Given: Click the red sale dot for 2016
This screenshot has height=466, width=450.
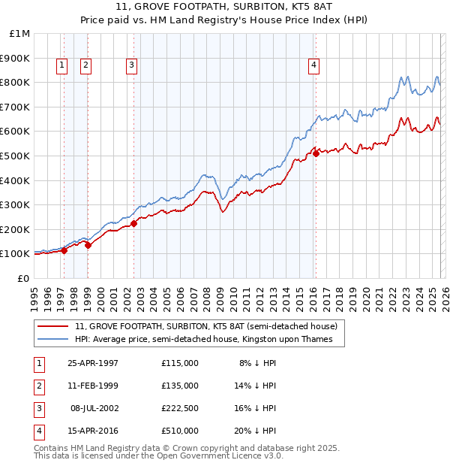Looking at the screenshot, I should tap(316, 153).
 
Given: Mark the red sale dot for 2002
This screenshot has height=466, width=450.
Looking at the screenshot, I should tap(133, 223).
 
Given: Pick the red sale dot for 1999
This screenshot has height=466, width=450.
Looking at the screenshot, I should tap(88, 245).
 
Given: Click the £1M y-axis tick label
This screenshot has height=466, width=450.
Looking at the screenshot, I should tap(20, 34).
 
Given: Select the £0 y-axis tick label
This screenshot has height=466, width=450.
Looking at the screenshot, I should tap(23, 278).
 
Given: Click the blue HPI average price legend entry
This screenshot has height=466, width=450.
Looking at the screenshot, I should tap(208, 340).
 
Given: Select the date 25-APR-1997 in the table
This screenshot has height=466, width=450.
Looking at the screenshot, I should tap(93, 362).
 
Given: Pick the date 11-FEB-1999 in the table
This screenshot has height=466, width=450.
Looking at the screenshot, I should tap(93, 386).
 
